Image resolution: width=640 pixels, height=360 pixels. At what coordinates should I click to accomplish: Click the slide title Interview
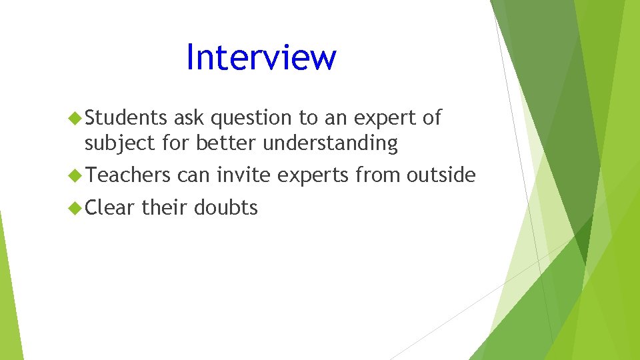261,57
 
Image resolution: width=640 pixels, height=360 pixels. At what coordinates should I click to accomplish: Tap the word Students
126,118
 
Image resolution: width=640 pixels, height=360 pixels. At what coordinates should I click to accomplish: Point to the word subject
117,143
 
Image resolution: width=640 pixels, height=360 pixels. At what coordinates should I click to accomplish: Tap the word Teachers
128,175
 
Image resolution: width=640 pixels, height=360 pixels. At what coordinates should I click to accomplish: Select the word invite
243,175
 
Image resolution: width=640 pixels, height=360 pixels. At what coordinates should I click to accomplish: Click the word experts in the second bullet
313,176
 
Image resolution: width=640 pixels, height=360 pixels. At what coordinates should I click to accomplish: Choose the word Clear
110,207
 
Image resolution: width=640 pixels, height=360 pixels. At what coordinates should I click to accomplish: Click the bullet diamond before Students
75,119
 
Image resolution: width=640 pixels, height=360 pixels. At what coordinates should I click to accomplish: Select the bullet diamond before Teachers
75,176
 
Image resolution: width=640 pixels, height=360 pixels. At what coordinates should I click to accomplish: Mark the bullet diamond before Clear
75,208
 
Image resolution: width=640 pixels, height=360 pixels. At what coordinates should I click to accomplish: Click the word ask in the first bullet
189,118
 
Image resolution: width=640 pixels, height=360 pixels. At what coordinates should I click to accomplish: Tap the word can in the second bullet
193,176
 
